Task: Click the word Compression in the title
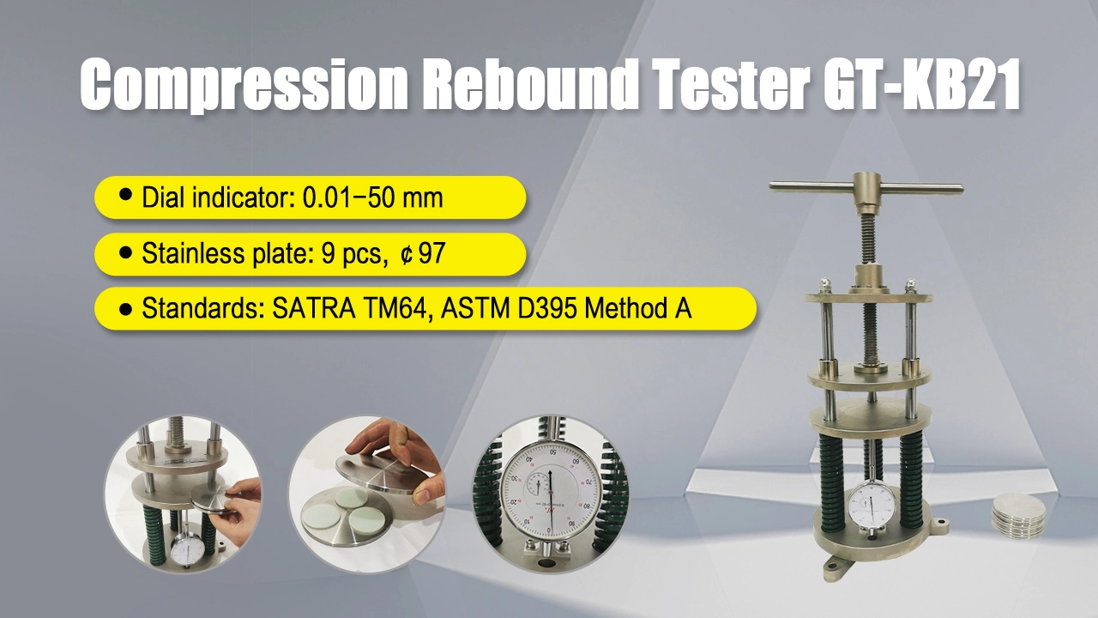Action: [x=244, y=84]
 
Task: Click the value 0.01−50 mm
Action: [x=372, y=197]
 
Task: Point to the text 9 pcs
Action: [x=351, y=254]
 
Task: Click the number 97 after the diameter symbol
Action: [x=431, y=253]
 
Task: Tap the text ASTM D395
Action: [x=509, y=308]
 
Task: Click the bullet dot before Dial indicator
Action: [x=125, y=194]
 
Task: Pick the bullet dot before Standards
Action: [x=125, y=310]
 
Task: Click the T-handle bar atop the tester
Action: [x=866, y=188]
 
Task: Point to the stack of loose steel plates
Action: [x=1018, y=516]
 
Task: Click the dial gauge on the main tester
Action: [x=871, y=510]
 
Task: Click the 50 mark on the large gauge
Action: [x=553, y=452]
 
